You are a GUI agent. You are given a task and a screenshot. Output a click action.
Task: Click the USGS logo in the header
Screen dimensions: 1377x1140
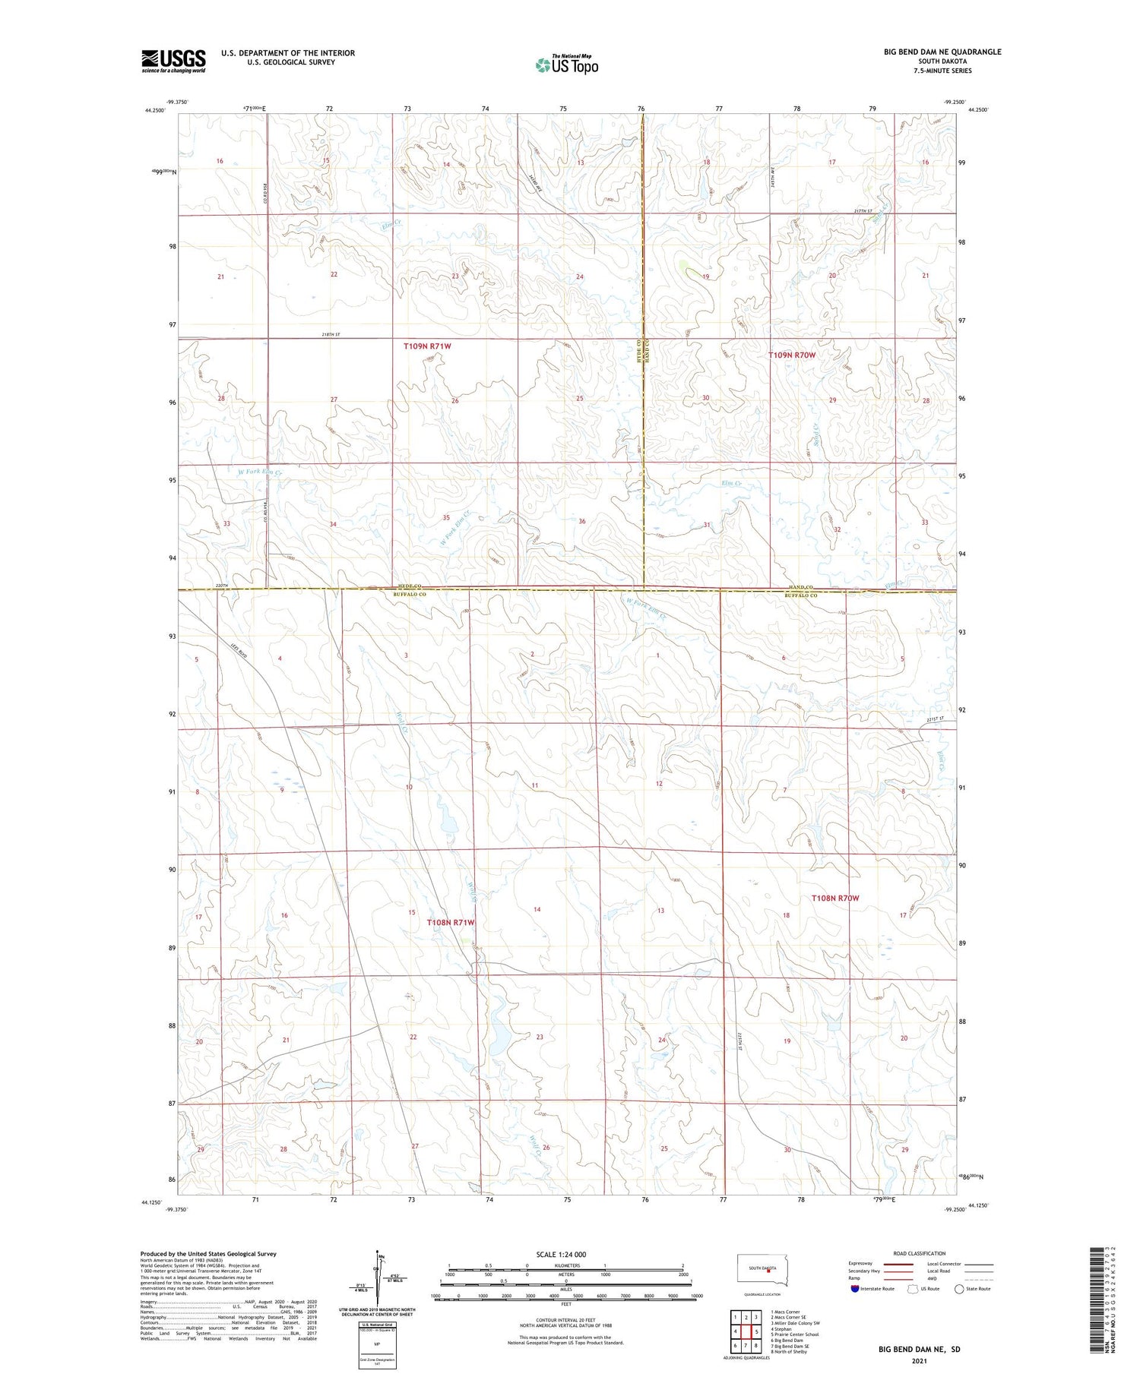tap(173, 61)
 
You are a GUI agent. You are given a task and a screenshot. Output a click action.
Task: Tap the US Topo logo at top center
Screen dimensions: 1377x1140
tap(566, 65)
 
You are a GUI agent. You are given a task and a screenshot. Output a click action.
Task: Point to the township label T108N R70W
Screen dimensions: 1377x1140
tap(834, 898)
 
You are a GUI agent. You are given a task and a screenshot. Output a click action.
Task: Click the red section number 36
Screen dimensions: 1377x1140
tap(582, 521)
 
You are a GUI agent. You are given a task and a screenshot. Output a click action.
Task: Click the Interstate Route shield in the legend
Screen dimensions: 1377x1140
tap(855, 1288)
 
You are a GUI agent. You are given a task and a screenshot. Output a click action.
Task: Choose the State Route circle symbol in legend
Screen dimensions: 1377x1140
tap(959, 1288)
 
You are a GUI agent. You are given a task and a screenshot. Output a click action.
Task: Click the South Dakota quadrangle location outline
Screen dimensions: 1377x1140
tap(763, 1269)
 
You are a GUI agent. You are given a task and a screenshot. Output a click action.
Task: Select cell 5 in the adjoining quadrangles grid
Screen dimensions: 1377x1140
tap(756, 1331)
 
